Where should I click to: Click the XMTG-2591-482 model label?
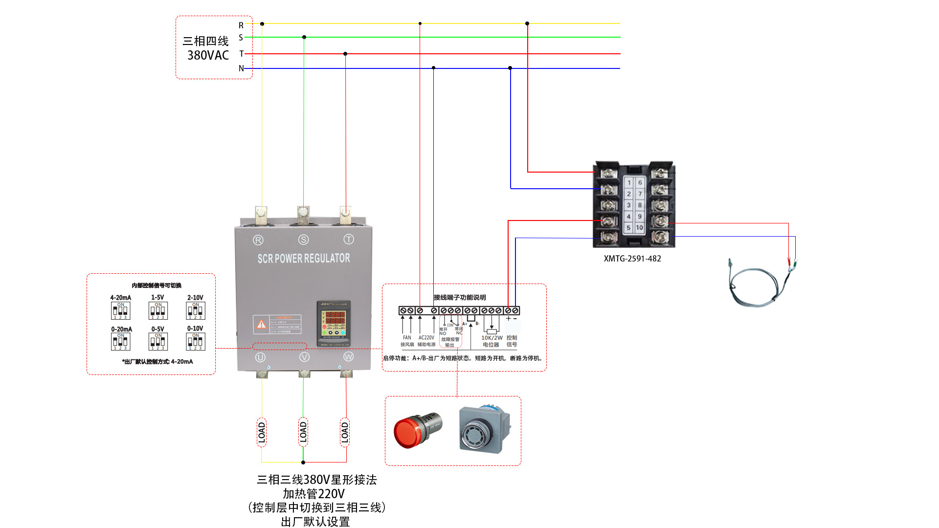click(x=632, y=259)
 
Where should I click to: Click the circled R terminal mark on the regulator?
click(x=258, y=240)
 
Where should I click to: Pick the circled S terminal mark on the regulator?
click(x=303, y=240)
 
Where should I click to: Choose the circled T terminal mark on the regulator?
click(x=349, y=239)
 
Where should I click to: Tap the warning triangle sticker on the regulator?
click(x=262, y=324)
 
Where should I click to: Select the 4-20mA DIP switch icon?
click(x=120, y=310)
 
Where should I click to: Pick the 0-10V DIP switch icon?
click(x=195, y=341)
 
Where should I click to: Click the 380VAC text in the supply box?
click(x=208, y=55)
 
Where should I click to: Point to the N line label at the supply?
click(x=241, y=68)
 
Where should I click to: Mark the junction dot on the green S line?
click(x=304, y=37)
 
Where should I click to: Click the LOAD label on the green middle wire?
click(x=303, y=432)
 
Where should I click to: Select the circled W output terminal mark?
click(x=348, y=357)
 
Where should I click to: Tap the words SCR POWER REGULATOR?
click(x=304, y=258)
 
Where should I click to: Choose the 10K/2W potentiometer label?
click(x=492, y=338)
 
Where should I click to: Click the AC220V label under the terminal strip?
click(x=426, y=338)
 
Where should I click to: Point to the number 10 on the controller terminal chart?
click(x=639, y=228)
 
